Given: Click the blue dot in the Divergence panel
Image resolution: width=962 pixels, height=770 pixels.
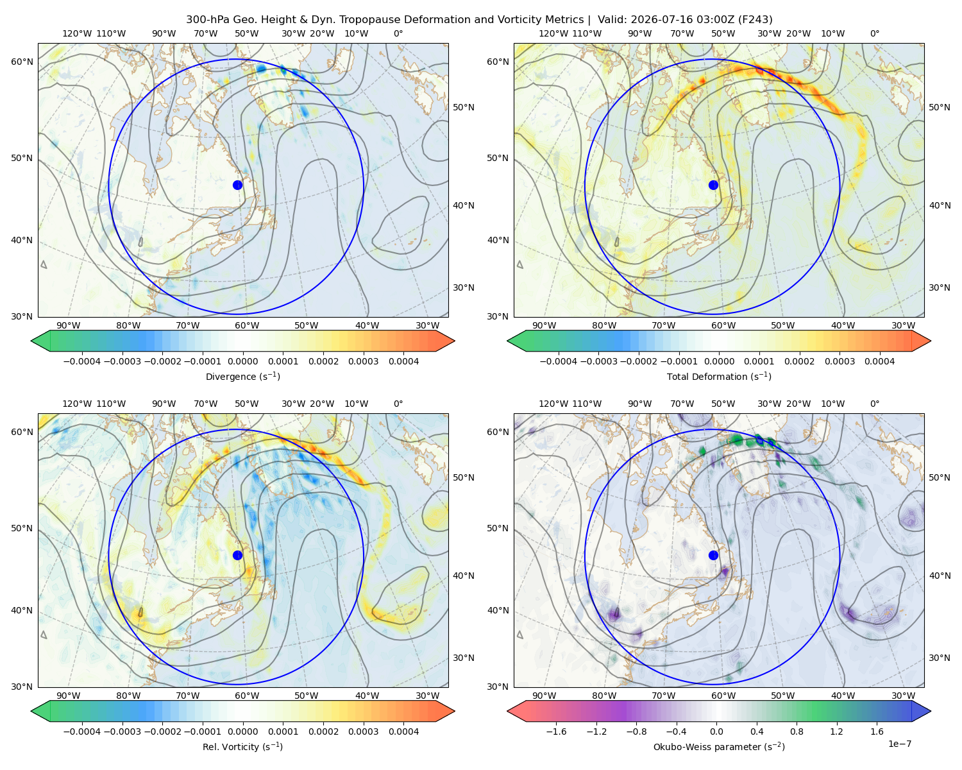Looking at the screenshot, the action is pos(237,185).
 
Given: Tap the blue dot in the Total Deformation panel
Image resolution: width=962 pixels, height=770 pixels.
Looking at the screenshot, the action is pos(713,185).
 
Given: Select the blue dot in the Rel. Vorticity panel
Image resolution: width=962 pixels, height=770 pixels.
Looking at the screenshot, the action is pos(237,555).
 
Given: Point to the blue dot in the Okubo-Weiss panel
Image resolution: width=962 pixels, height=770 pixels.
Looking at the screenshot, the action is pos(713,555).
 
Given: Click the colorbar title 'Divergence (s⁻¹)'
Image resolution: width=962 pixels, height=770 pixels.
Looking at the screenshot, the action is pos(242,376).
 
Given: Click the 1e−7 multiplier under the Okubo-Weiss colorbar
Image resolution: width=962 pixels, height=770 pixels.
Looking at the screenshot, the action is pos(899,744).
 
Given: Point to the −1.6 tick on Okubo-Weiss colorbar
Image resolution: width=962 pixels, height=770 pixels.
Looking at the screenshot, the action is pos(556,732).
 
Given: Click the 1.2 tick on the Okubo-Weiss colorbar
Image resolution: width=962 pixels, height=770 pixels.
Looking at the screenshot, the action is pos(836,732).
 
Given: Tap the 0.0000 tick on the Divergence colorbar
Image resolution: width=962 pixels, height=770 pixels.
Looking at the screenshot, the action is pos(242,361).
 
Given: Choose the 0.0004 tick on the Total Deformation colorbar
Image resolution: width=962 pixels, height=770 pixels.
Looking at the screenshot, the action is pos(879,361).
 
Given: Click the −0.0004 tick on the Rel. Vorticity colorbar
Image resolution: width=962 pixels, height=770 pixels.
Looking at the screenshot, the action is pos(82,732).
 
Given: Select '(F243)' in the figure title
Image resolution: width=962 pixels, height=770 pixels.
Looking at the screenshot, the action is pos(756,20).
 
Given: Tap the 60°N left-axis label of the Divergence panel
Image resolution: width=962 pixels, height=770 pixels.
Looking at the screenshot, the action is pos(22,62).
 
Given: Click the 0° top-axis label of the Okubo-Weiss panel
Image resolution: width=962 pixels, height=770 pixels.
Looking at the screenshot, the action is pos(874,404).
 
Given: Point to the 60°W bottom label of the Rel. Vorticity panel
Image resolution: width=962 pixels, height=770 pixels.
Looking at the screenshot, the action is pos(247,696).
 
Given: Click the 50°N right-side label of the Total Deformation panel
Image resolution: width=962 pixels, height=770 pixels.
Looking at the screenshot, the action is pos(940,107).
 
